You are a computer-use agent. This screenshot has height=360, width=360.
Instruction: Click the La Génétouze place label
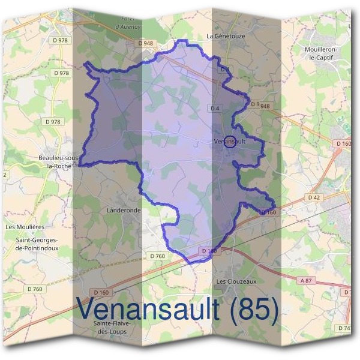[226, 36]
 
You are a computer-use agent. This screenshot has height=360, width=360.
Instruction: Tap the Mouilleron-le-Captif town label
[321, 53]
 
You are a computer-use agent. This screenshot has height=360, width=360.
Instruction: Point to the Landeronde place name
[123, 211]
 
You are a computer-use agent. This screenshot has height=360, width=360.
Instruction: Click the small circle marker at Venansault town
[229, 142]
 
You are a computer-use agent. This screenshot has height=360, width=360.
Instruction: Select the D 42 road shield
[314, 197]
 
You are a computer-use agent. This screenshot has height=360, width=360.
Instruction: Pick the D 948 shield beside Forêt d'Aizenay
[145, 43]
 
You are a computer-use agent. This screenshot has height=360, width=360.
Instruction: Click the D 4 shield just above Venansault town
[215, 108]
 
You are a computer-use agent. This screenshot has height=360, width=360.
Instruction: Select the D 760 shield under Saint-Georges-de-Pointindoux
[35, 289]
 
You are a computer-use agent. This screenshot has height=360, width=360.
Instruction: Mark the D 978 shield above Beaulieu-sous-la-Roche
[53, 121]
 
